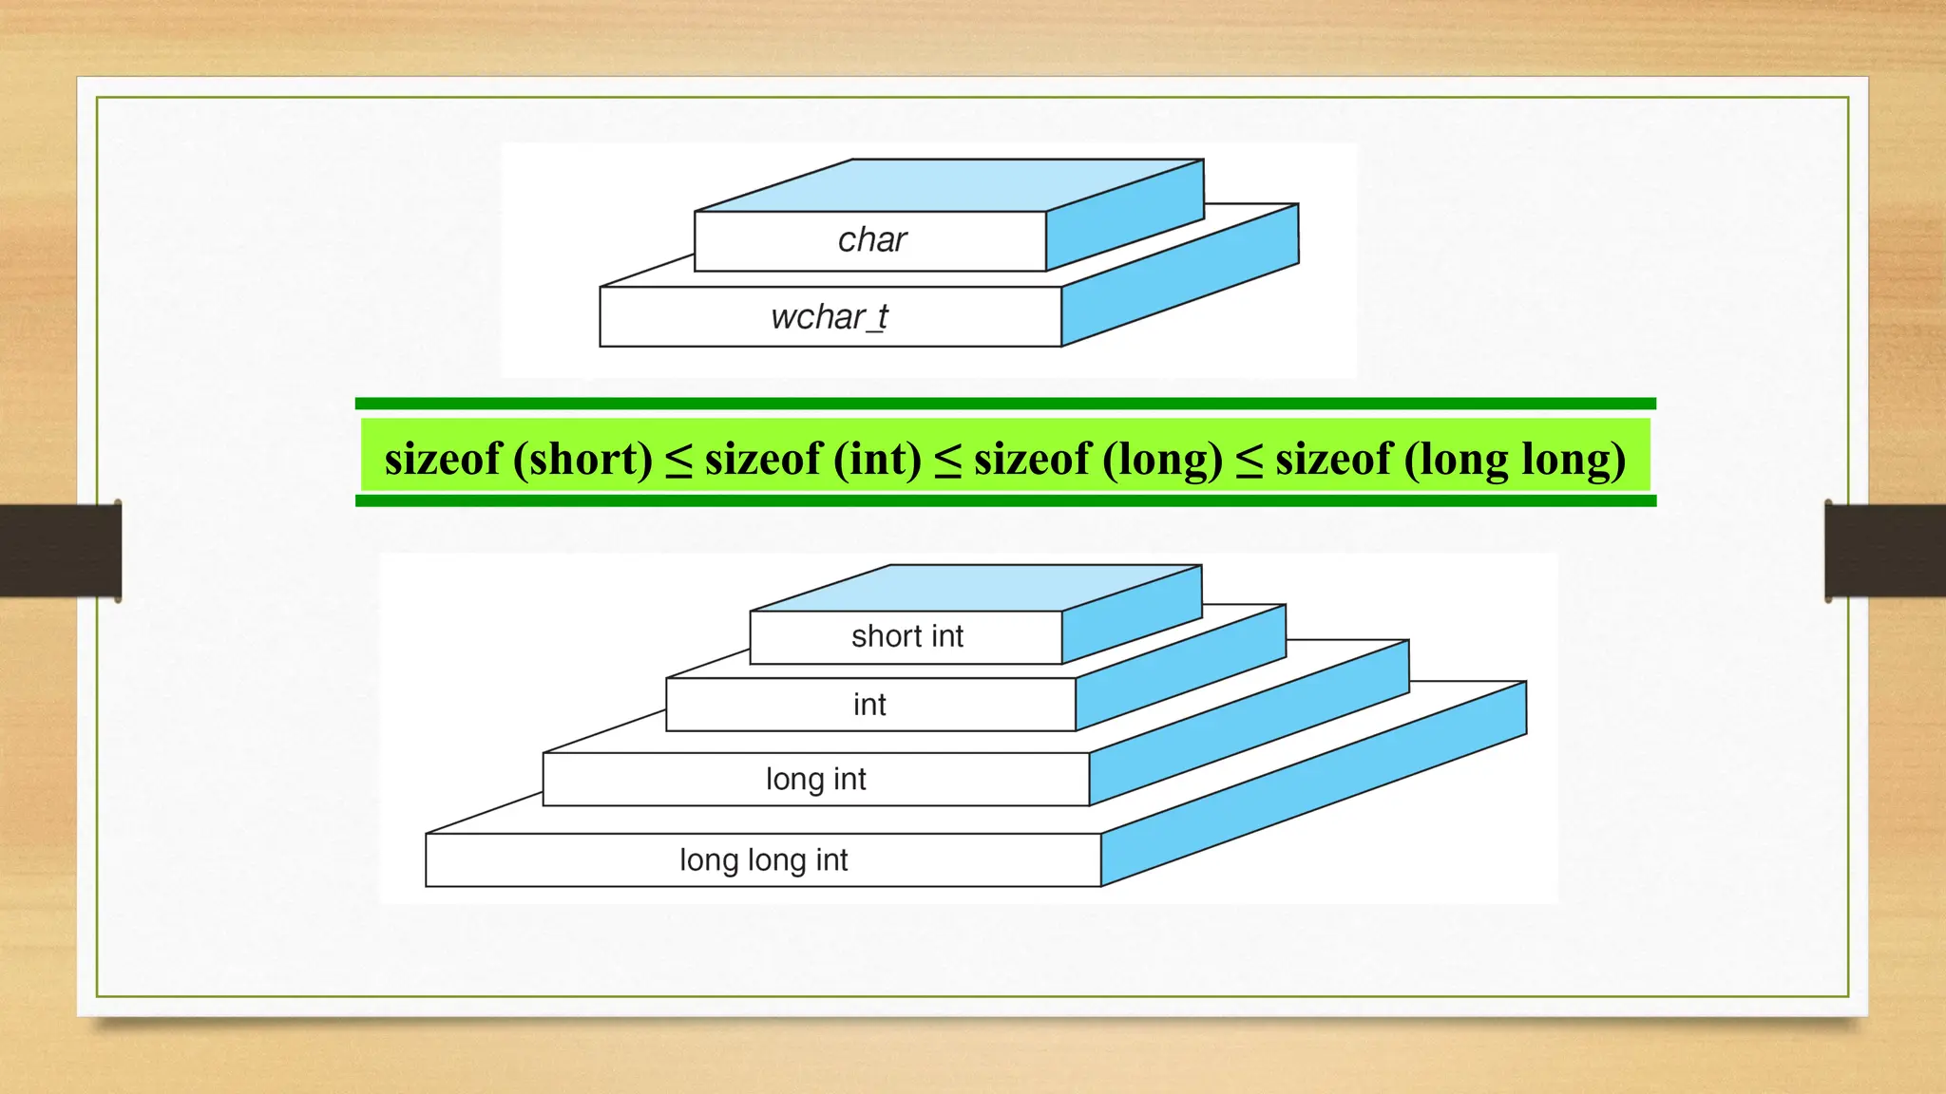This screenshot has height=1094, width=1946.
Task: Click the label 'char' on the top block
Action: pyautogui.click(x=872, y=240)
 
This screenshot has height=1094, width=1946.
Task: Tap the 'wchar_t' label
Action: pyautogui.click(x=830, y=317)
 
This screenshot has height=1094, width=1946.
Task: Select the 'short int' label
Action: pyautogui.click(x=906, y=636)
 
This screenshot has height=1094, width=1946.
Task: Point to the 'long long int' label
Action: pyautogui.click(x=763, y=860)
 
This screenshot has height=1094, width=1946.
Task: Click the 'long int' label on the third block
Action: pyautogui.click(x=815, y=780)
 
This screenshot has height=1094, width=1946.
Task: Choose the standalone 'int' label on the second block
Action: pyautogui.click(x=869, y=705)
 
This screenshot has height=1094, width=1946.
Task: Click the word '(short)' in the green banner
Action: pyautogui.click(x=582, y=460)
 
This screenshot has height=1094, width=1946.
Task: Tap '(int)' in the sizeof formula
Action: pyautogui.click(x=877, y=460)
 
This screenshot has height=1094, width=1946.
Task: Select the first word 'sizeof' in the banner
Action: pyautogui.click(x=443, y=460)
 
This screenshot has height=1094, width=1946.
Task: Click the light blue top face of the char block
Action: pyautogui.click(x=950, y=185)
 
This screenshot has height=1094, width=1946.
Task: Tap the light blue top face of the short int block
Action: pyautogui.click(x=979, y=588)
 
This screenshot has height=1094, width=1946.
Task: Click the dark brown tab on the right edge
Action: pyautogui.click(x=1885, y=551)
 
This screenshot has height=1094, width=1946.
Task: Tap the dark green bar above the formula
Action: pyautogui.click(x=1005, y=404)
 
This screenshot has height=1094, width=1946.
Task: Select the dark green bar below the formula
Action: pyautogui.click(x=1005, y=500)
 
